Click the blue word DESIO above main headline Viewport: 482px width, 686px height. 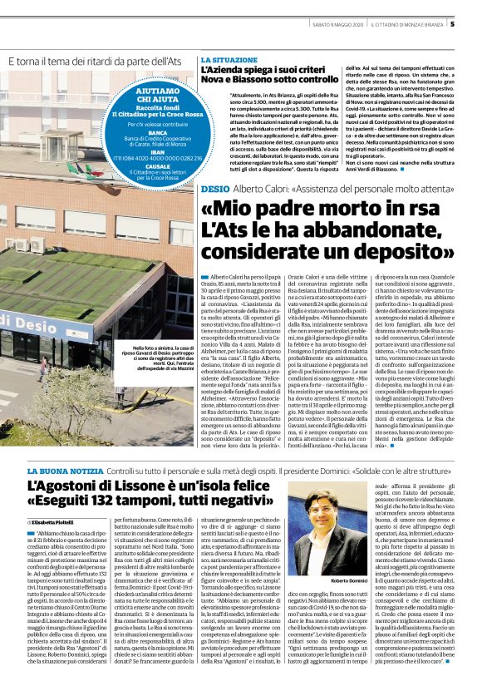(214, 190)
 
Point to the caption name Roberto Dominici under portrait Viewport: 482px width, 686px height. (373, 556)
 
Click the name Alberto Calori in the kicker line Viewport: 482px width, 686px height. (258, 190)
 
